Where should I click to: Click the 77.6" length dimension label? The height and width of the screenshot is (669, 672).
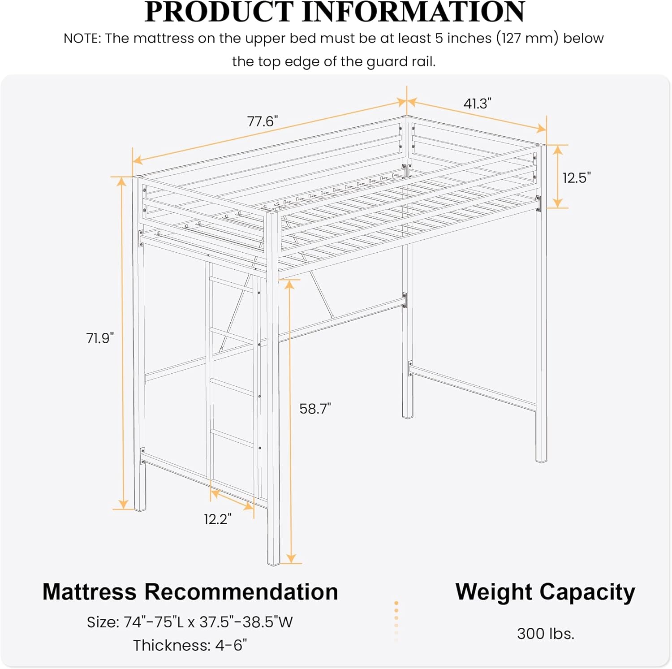(263, 121)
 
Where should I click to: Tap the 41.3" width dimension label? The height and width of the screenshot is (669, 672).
(477, 104)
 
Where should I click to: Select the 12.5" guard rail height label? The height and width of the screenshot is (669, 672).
(577, 178)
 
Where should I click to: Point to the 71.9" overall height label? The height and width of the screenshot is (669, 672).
(100, 338)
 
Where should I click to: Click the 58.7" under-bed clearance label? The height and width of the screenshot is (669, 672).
(315, 409)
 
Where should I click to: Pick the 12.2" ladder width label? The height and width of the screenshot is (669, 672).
(218, 519)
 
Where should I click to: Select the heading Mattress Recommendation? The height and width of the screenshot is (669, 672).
(190, 591)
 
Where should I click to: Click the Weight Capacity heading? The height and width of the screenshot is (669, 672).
(545, 591)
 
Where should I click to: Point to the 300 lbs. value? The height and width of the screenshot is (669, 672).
(545, 634)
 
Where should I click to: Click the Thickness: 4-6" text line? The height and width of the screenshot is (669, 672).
(190, 645)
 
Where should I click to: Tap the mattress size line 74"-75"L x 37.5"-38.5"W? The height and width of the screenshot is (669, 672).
(190, 622)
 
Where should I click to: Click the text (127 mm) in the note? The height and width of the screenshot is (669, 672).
(527, 39)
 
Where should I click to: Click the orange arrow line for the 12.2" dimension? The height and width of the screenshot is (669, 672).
(232, 500)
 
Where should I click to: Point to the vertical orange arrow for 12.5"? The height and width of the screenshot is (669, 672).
(557, 177)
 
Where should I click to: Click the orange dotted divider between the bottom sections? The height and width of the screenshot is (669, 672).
(396, 618)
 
